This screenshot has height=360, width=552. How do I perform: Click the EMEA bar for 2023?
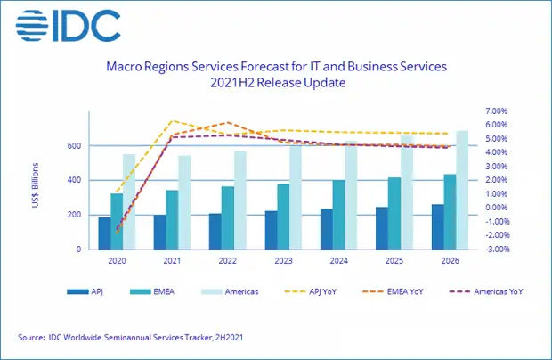282,217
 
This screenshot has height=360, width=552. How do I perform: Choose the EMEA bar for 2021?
173,219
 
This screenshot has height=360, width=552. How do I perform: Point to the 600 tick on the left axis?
77,145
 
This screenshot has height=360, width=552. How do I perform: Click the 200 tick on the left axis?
77,215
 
